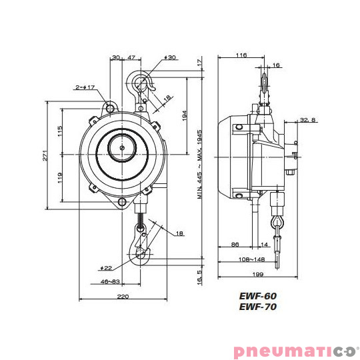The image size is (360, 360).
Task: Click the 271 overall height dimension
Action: [45, 155]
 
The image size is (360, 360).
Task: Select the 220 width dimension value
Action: [123, 297]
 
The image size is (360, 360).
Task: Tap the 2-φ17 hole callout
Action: [85, 87]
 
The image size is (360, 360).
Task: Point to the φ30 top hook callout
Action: [170, 57]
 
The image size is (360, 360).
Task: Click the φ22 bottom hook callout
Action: [106, 268]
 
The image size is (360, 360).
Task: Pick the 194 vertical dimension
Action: [185, 115]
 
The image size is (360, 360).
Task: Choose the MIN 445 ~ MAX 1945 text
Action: [200, 165]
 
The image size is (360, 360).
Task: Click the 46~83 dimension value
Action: [110, 281]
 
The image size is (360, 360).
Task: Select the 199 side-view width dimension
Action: [258, 274]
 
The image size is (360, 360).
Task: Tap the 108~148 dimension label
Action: [251, 259]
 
